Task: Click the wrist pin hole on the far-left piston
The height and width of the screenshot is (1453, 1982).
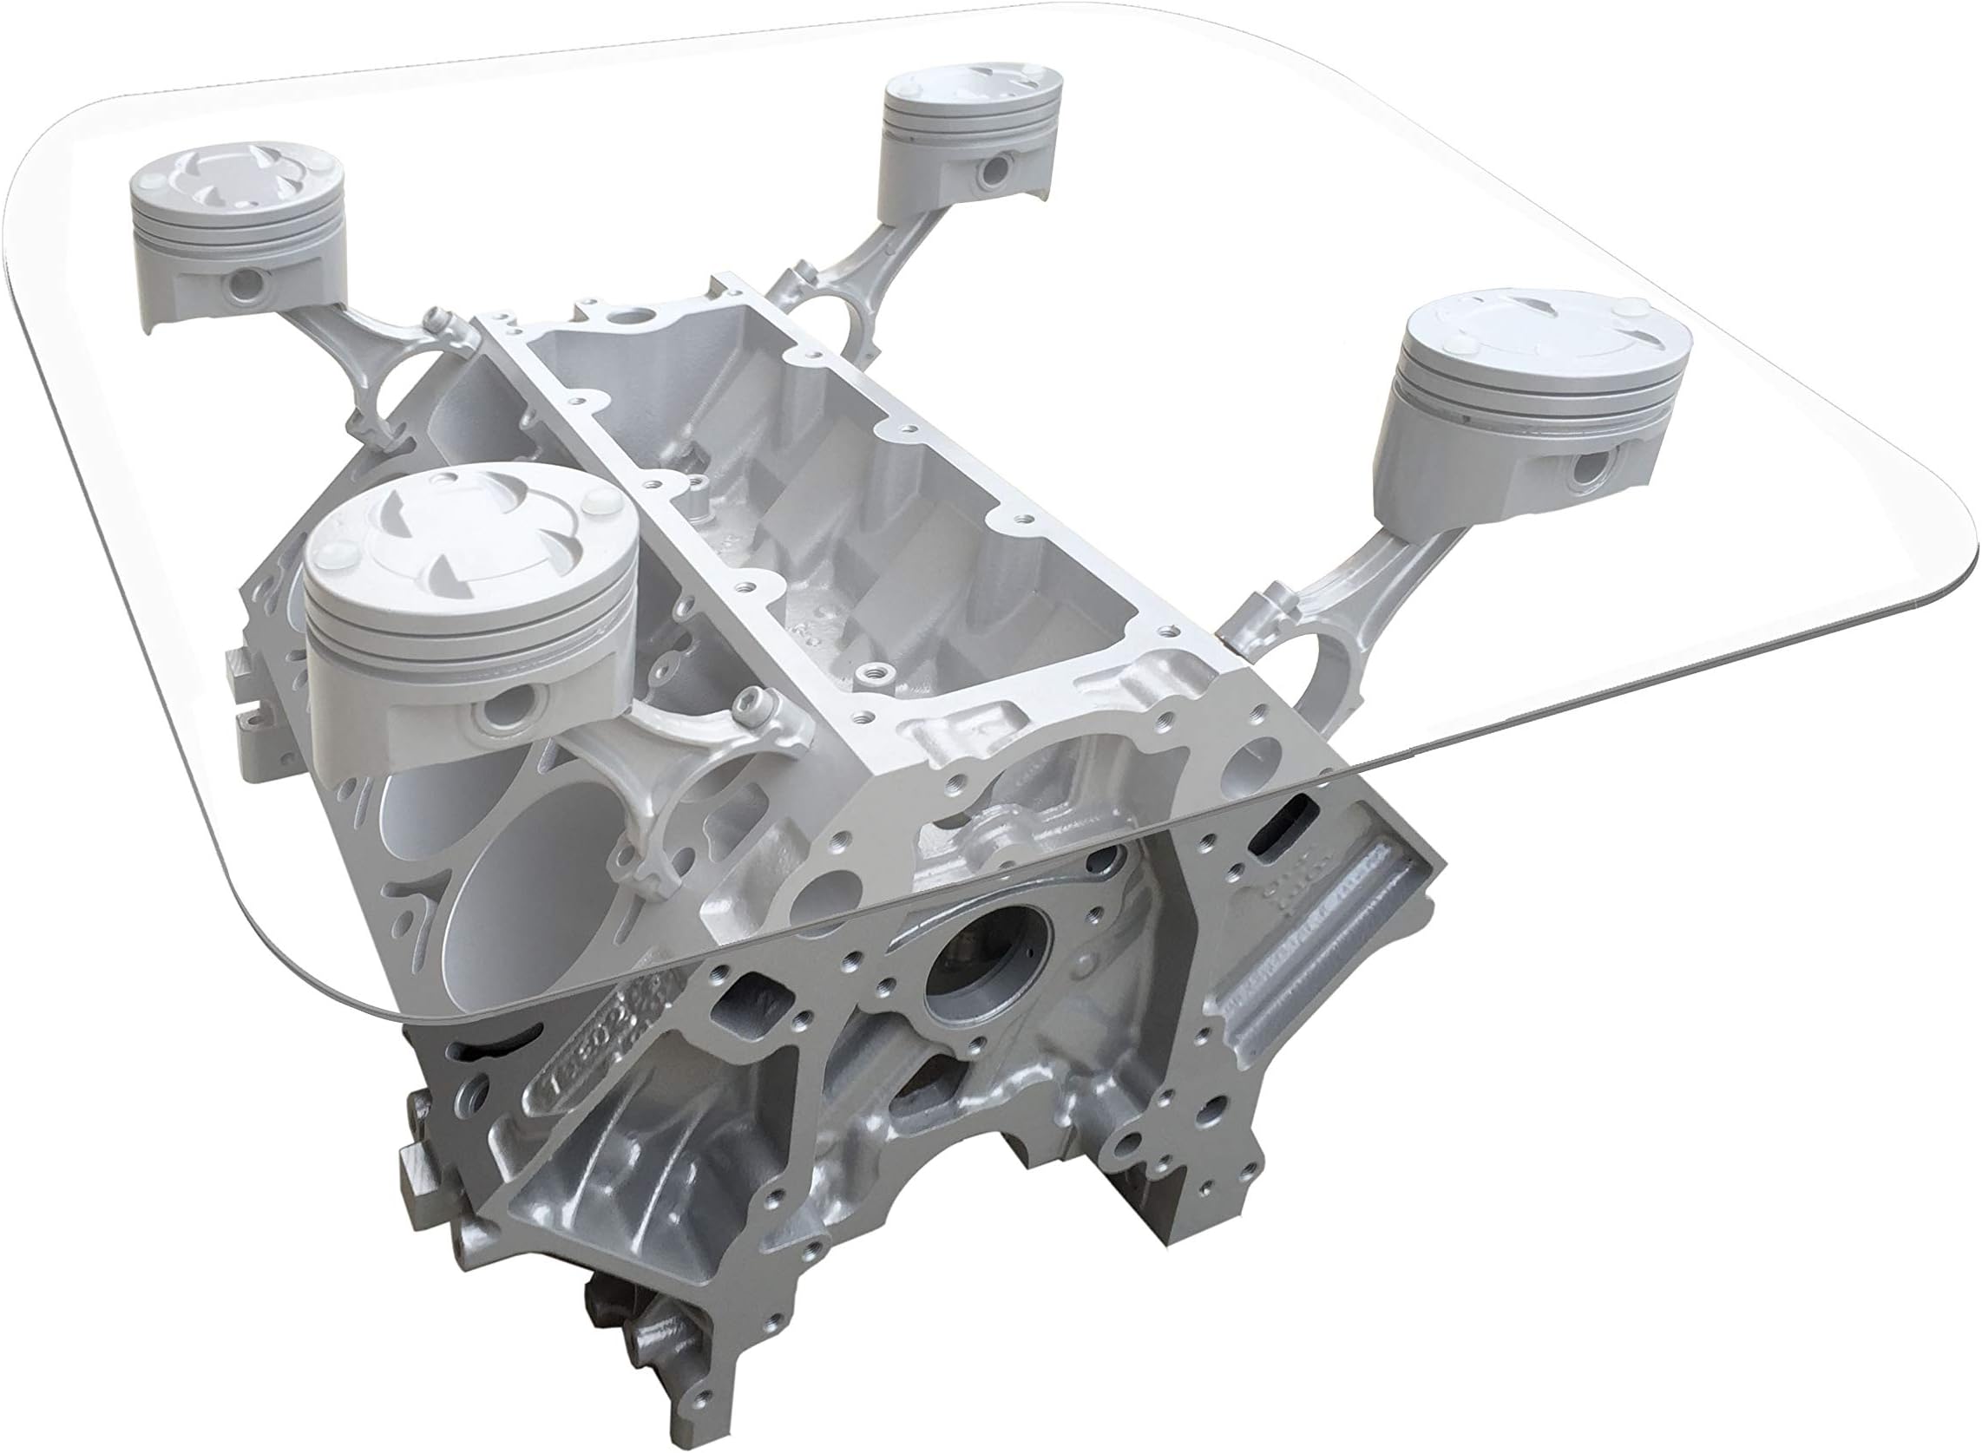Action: tap(249, 284)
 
